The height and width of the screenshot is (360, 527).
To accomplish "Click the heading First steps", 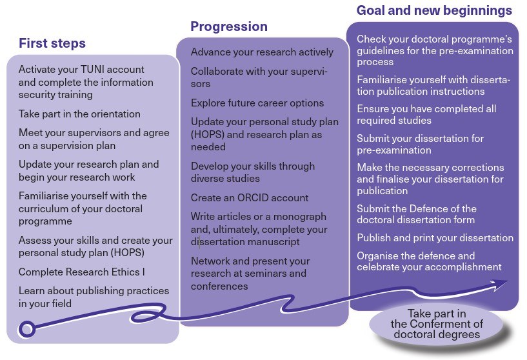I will click(x=52, y=44).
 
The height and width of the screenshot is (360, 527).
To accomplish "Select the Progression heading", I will click(x=228, y=27).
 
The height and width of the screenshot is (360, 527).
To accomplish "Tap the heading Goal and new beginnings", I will click(x=434, y=11).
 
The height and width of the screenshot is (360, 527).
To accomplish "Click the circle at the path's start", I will click(x=26, y=330).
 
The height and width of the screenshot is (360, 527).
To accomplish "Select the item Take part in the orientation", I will click(x=79, y=114).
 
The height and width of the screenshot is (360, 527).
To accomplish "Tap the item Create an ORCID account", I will click(x=250, y=197).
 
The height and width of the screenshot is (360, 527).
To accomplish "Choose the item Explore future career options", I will click(x=257, y=103).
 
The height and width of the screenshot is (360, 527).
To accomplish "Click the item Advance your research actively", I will click(x=262, y=52).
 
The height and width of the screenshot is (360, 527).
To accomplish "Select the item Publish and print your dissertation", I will click(x=435, y=238).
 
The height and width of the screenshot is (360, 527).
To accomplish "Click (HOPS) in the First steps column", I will click(x=129, y=252).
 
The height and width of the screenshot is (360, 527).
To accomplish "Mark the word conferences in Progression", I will click(x=219, y=286).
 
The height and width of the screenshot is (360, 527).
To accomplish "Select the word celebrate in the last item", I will click(x=380, y=266).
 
